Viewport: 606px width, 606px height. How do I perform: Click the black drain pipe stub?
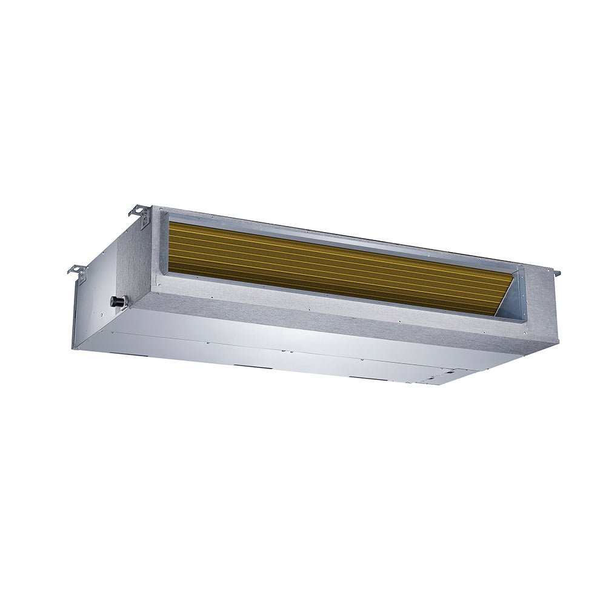click(116, 301)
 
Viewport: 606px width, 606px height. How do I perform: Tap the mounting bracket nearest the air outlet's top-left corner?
click(141, 214)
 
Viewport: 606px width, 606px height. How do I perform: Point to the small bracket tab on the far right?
click(556, 273)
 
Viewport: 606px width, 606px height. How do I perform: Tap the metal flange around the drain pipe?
click(124, 302)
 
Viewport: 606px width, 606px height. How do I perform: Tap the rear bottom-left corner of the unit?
click(73, 348)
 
